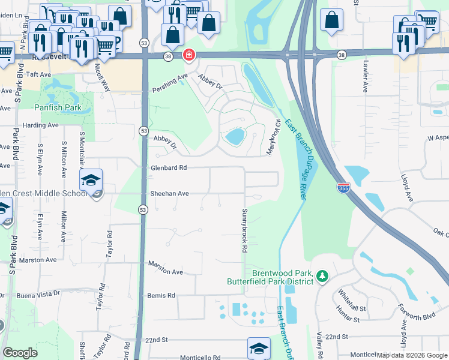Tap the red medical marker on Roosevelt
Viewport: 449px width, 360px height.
point(189,55)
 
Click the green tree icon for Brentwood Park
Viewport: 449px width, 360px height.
point(323,275)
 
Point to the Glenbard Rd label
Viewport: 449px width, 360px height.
point(169,168)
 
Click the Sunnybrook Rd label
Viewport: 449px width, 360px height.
point(245,230)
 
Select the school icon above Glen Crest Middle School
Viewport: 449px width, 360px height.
point(91,180)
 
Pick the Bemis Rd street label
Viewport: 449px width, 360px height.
point(161,296)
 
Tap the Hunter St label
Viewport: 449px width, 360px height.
point(349,313)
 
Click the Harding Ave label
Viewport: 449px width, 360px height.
point(40,125)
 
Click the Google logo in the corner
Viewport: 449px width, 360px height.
point(20,353)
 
